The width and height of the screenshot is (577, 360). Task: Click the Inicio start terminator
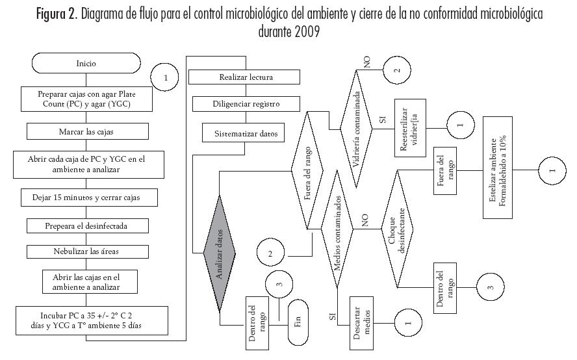pos(86,63)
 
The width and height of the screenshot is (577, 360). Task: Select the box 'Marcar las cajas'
pos(86,131)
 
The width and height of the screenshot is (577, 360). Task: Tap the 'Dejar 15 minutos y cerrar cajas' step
pos(86,196)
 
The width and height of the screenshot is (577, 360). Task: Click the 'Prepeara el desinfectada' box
pos(86,225)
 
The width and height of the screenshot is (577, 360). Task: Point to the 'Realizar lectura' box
pos(246,77)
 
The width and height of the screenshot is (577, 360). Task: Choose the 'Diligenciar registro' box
pos(246,104)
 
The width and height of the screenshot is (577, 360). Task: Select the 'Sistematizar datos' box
pos(246,134)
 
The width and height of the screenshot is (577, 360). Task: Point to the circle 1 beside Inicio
pos(166,77)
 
